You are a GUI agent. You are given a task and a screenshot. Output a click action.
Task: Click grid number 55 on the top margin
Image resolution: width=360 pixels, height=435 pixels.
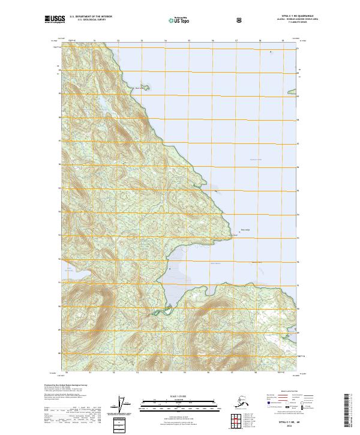pyautogui.click(x=189, y=41)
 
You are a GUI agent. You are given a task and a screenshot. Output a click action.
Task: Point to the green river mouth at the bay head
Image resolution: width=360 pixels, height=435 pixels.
pyautogui.click(x=158, y=313)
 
